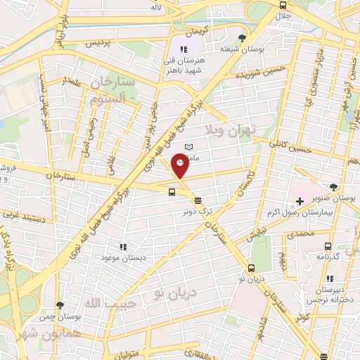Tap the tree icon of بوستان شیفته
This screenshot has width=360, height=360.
(x=243, y=38)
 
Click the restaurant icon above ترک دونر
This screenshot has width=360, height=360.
(x=198, y=200)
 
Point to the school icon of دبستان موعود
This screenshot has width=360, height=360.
(x=123, y=247)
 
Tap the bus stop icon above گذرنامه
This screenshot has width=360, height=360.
(x=328, y=247)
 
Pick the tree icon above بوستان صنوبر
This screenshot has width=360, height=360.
(x=333, y=188)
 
